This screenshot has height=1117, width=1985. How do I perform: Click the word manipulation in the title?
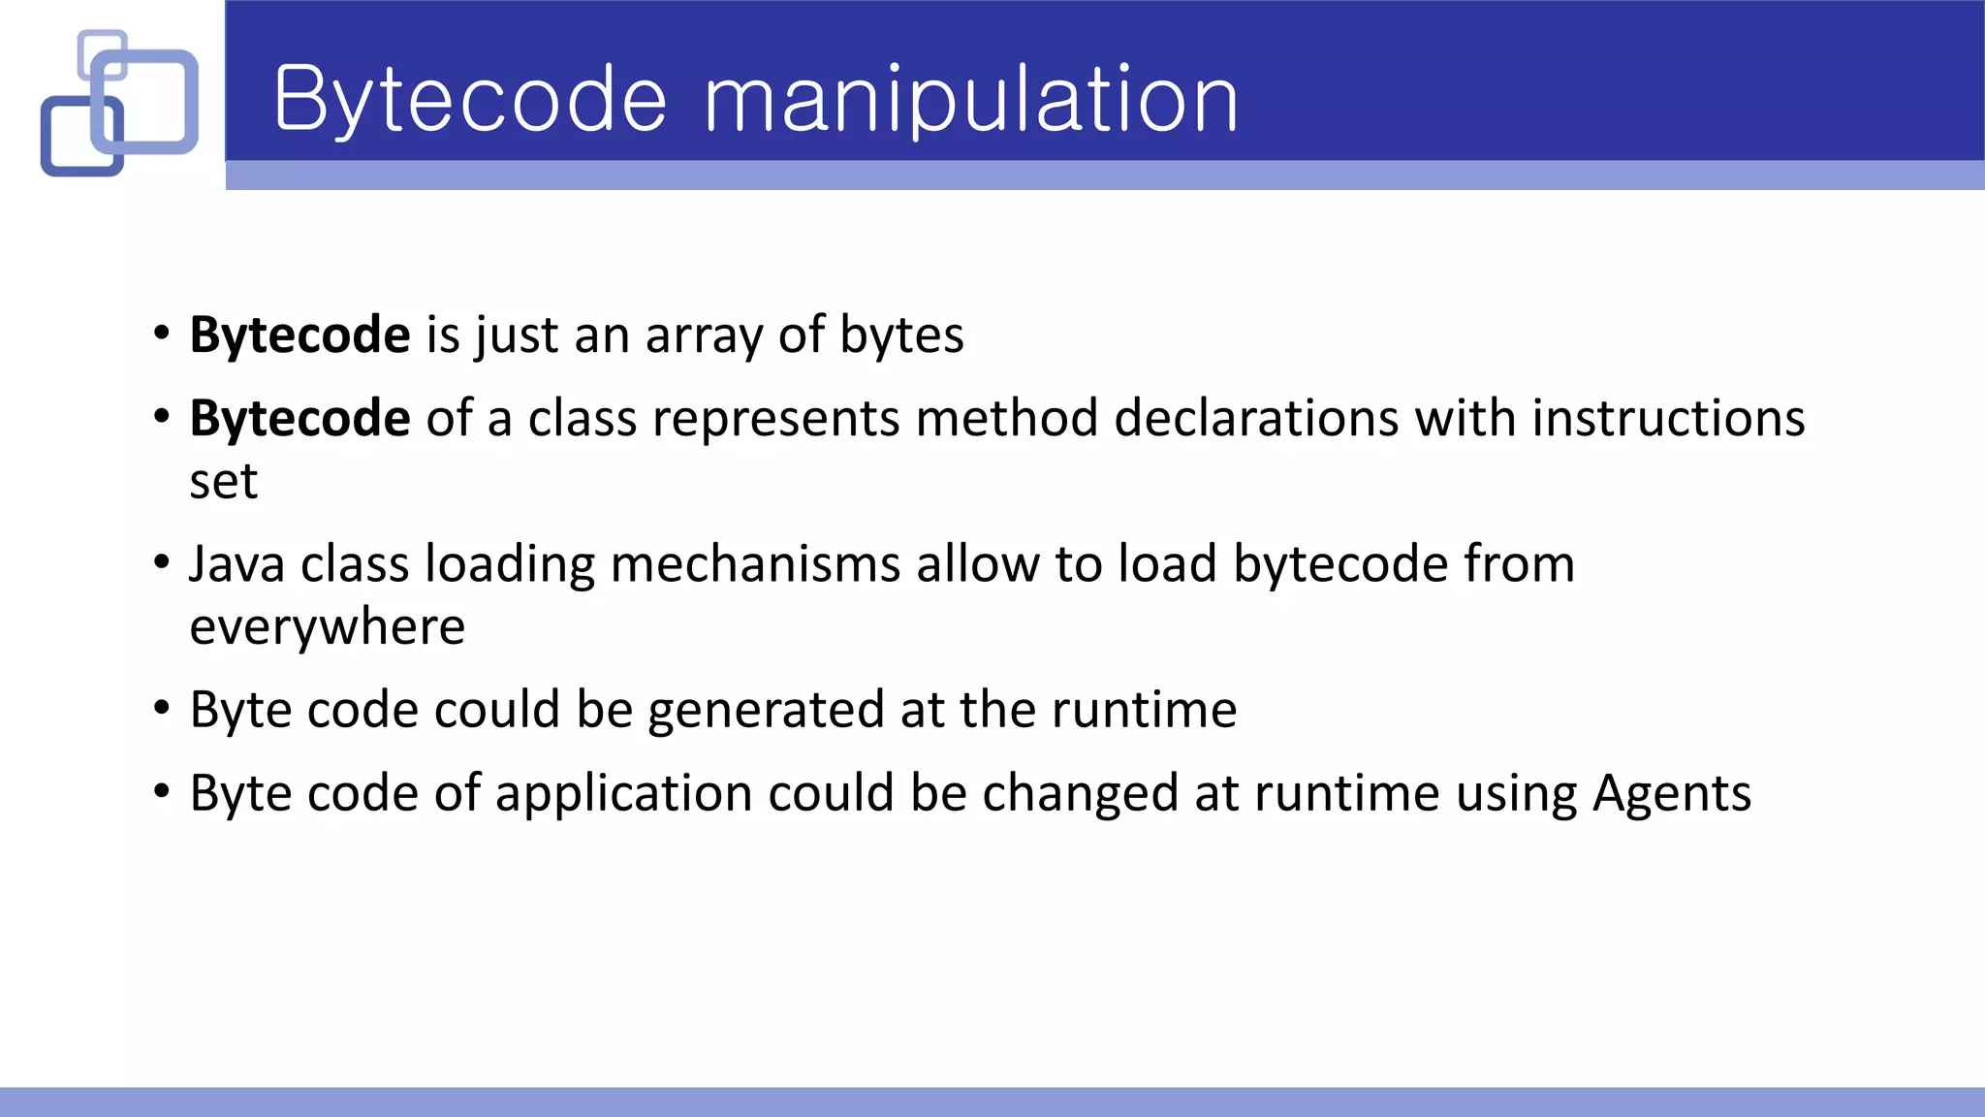(x=970, y=100)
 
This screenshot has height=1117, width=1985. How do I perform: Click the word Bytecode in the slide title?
(x=471, y=100)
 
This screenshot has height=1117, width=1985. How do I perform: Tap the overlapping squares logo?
(x=119, y=103)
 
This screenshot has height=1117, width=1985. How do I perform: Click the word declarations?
(x=1255, y=419)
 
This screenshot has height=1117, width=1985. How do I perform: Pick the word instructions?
(x=1668, y=419)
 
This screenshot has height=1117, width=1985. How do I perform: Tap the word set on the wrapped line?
(x=223, y=482)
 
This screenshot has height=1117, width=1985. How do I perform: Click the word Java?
(x=236, y=564)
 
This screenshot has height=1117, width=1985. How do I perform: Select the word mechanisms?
(x=755, y=564)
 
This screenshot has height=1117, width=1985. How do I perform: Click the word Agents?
(x=1672, y=794)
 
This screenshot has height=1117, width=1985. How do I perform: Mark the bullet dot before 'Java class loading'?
(x=162, y=562)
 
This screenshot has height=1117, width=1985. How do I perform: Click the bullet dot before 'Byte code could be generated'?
(x=162, y=709)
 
